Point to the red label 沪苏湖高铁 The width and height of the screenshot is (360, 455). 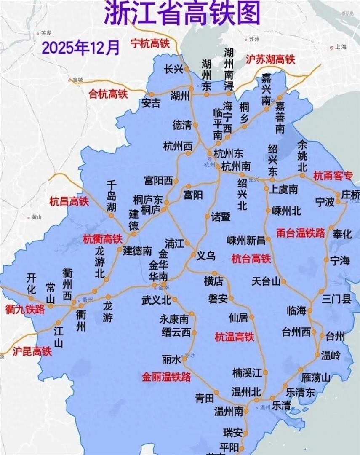point(270,59)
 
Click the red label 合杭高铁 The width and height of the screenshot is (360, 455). point(108,94)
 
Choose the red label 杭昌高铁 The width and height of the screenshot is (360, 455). point(69,201)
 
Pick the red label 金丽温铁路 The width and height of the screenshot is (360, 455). point(166,376)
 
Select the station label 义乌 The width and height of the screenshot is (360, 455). point(206,256)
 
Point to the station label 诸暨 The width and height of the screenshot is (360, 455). point(221,217)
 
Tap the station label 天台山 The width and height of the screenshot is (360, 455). point(266,281)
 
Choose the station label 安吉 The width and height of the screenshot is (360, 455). point(151,103)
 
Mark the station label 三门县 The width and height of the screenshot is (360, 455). point(336,300)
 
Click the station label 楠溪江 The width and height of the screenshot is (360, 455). point(248,372)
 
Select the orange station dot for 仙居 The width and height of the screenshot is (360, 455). point(252,317)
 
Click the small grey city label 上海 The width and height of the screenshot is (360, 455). point(340,48)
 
